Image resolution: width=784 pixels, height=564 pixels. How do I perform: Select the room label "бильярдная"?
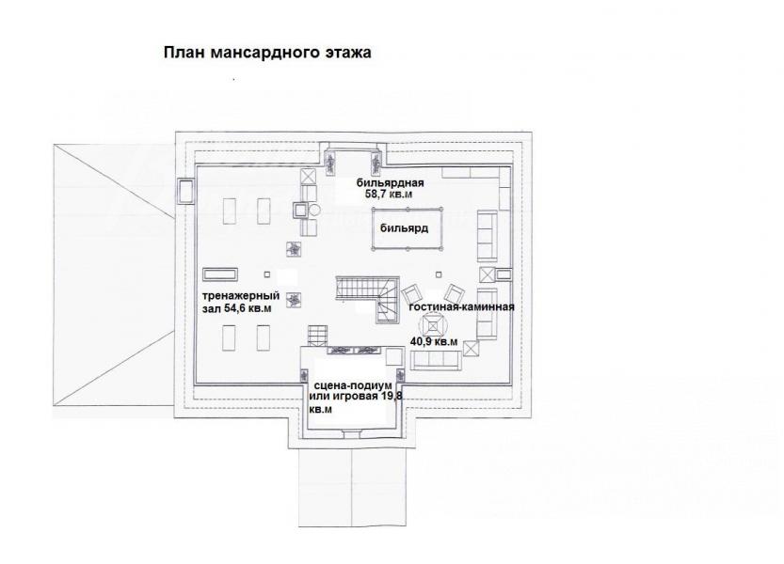(390, 183)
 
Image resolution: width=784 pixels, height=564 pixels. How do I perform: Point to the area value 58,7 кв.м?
(389, 195)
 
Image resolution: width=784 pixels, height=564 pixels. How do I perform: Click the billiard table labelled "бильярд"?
(407, 228)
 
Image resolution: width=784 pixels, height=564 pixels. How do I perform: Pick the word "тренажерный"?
(241, 296)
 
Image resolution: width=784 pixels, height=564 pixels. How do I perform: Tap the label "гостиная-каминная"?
(461, 306)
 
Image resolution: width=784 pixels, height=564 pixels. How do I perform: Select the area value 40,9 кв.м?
(434, 342)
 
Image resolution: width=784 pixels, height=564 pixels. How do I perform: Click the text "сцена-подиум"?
(353, 386)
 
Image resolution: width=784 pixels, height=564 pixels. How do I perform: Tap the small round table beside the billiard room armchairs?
(314, 210)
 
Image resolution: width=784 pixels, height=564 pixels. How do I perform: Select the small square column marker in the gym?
(267, 274)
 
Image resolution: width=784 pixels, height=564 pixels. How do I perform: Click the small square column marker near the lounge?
(439, 274)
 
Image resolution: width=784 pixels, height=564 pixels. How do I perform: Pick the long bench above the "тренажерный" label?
(220, 274)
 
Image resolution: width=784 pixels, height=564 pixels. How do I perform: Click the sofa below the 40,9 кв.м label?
(436, 360)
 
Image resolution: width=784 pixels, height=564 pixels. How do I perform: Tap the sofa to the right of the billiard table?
(487, 236)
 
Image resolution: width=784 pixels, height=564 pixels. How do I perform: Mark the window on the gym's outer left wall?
(186, 192)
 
